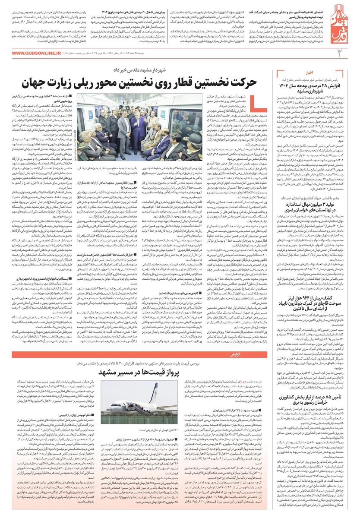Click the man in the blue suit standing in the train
tap(141, 125)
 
